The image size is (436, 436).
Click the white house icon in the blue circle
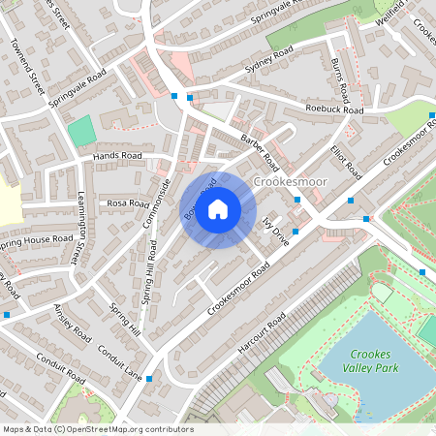218,208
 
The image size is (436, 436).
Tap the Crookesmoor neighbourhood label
291,181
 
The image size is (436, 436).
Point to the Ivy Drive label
276,233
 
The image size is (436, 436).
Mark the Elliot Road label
345,163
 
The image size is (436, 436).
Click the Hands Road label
117,155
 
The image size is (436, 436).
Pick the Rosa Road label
129,203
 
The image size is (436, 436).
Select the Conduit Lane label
119,362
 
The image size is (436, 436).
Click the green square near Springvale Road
81,130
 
